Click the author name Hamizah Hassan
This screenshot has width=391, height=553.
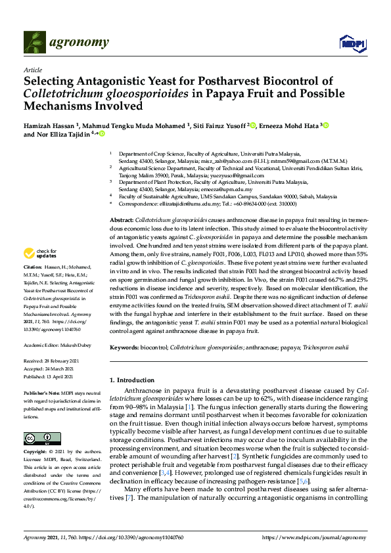(x=49, y=125)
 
